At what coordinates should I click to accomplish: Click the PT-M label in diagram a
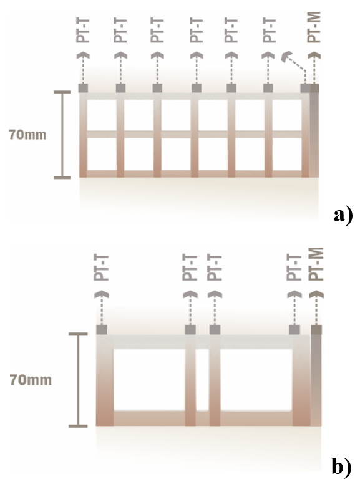point(314,27)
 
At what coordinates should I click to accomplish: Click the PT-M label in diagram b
point(316,264)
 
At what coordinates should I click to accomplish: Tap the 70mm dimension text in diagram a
point(27,135)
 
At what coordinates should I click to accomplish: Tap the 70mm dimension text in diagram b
point(31,380)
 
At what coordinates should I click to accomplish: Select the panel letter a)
point(343,215)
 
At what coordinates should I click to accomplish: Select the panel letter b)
point(341,466)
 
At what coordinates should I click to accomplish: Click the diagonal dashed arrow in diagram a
point(294,67)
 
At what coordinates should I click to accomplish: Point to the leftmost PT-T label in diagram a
point(83,31)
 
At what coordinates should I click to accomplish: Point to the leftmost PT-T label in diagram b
point(101,268)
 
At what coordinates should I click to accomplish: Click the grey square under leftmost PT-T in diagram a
point(83,88)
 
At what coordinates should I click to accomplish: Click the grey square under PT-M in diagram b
point(316,330)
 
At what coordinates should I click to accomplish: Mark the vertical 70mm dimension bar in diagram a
point(62,135)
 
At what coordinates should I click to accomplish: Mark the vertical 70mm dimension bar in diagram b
point(78,380)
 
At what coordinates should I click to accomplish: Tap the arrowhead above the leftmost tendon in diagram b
point(102,294)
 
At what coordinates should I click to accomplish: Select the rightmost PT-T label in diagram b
point(294,268)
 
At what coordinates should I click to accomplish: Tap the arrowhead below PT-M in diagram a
point(314,55)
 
